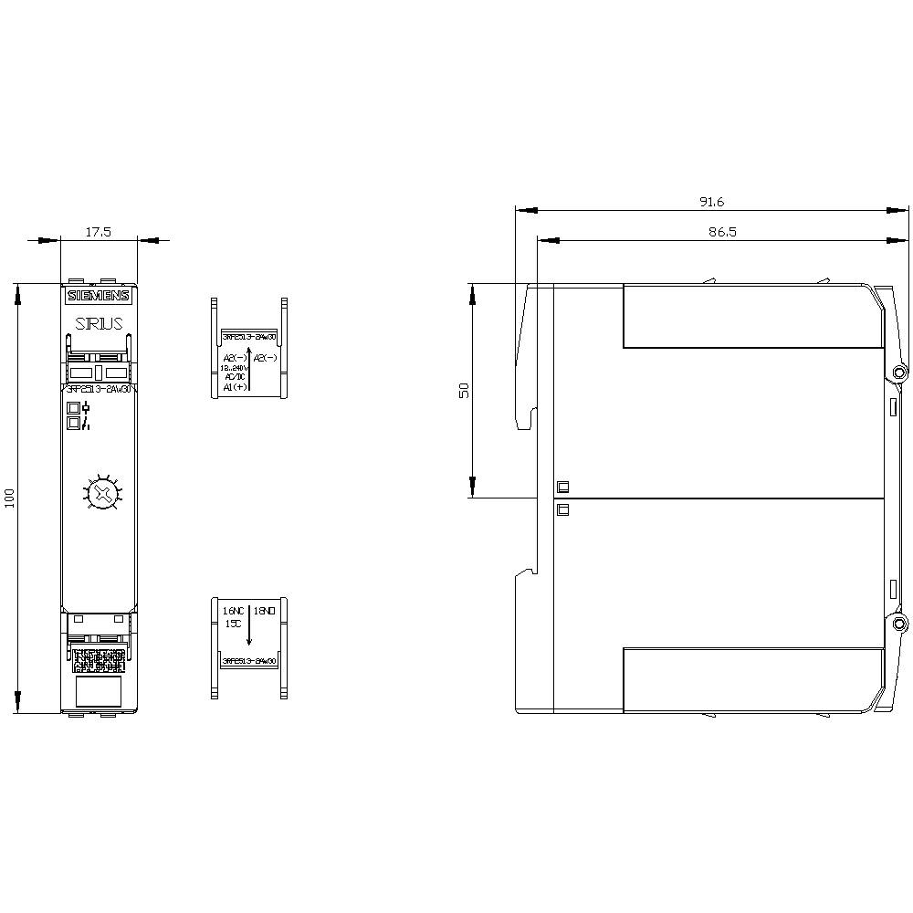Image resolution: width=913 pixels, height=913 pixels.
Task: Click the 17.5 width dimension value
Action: (x=98, y=232)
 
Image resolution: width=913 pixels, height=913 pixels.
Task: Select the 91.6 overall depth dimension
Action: (x=711, y=202)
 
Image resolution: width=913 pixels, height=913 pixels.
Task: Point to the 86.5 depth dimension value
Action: (x=721, y=233)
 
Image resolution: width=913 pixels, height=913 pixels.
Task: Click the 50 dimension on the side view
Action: (x=463, y=390)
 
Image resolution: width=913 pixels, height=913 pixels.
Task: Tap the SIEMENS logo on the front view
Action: (x=99, y=295)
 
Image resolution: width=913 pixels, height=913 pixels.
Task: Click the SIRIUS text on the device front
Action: (x=99, y=322)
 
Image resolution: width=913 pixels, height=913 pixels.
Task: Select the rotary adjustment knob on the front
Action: (x=101, y=494)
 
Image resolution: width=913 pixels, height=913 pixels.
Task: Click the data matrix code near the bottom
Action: (x=100, y=658)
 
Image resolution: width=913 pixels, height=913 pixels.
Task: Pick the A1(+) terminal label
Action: (x=235, y=387)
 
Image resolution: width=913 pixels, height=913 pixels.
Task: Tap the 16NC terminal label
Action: (x=233, y=609)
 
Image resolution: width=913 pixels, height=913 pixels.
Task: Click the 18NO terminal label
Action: (x=265, y=609)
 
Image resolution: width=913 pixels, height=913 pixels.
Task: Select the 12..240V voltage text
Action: (x=235, y=367)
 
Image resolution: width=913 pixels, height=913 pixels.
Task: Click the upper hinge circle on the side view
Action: (x=899, y=373)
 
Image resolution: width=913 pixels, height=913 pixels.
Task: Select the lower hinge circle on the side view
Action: (x=899, y=624)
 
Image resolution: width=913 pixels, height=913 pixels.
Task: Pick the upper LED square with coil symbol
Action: (x=72, y=408)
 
